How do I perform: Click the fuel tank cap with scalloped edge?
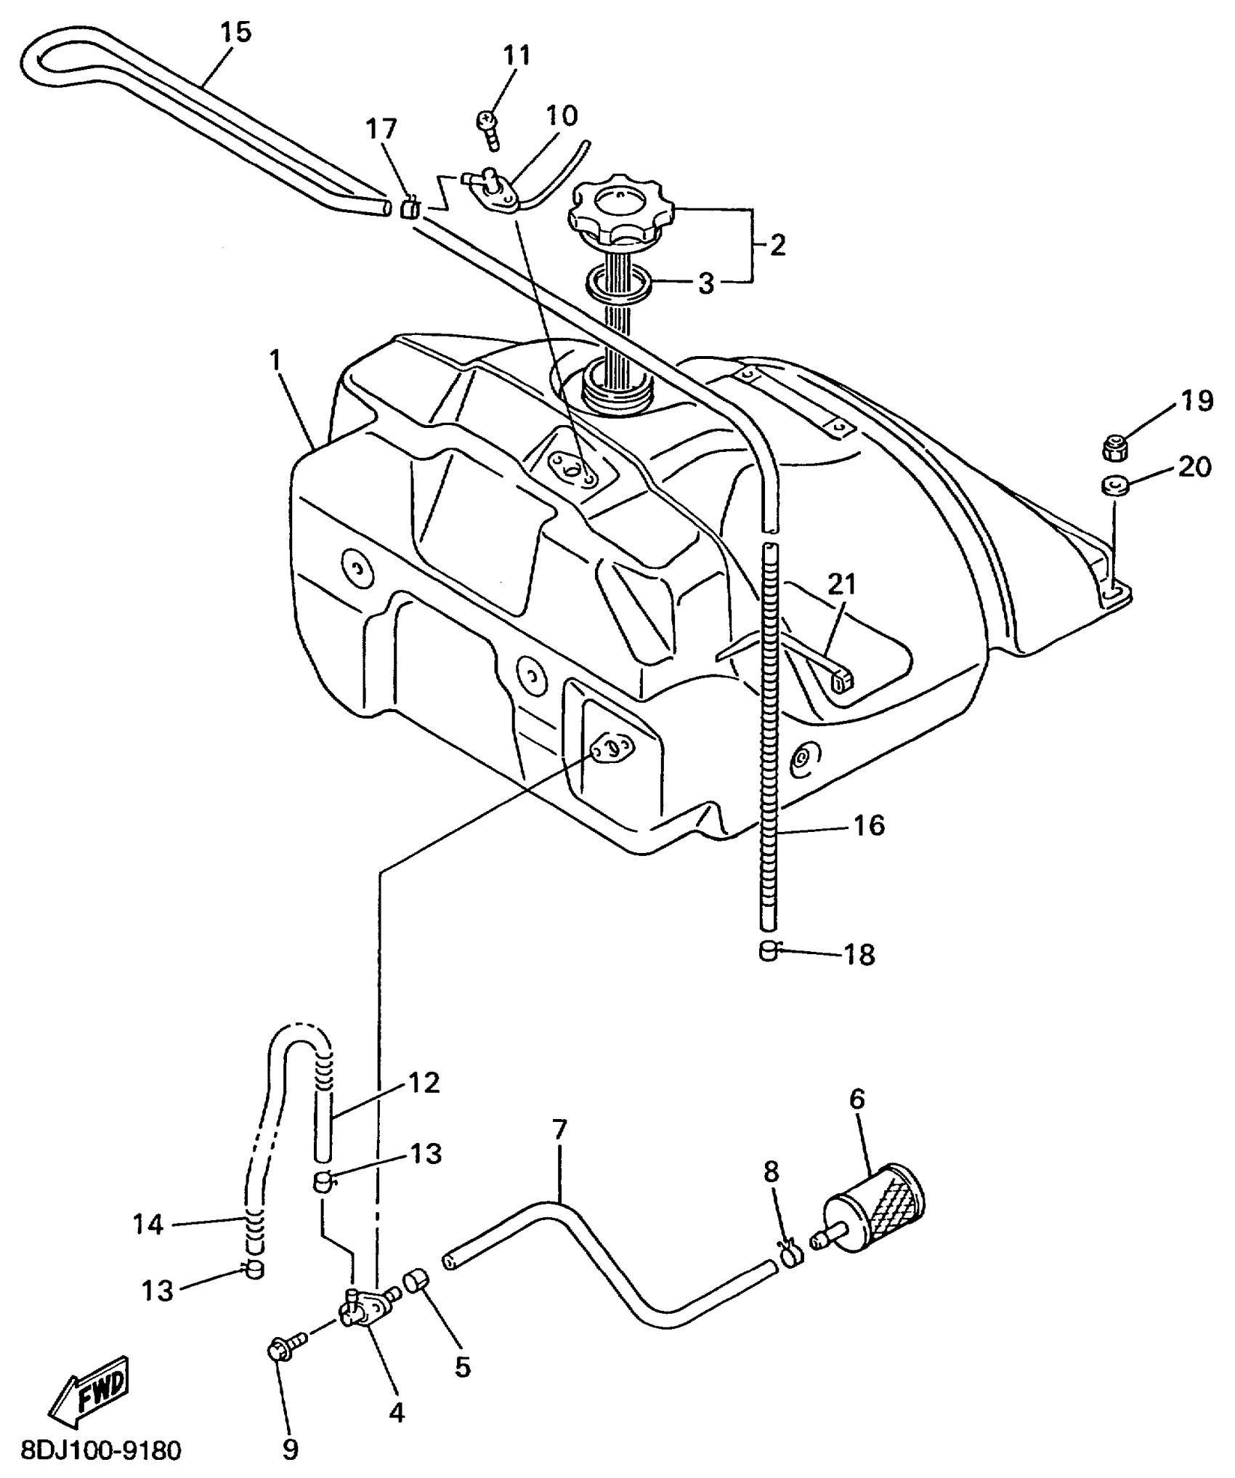click(x=621, y=211)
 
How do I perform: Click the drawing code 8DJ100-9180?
click(x=101, y=1452)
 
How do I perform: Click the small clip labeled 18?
click(x=769, y=950)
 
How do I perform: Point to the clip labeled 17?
click(x=410, y=207)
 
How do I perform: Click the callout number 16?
click(x=868, y=825)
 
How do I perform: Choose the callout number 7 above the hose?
click(x=559, y=1130)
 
